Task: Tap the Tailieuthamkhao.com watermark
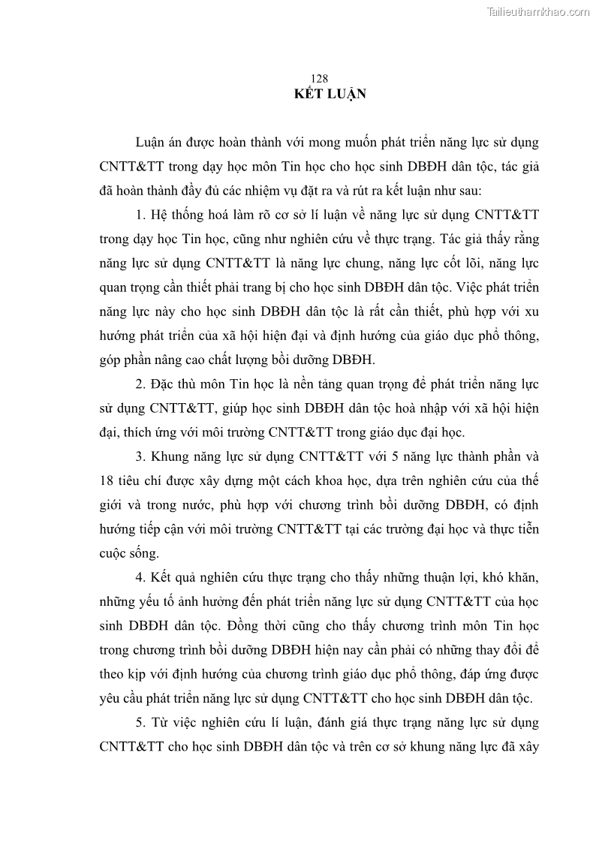(538, 11)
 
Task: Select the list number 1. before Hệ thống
(141, 215)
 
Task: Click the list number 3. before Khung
(141, 457)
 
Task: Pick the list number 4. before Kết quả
(141, 577)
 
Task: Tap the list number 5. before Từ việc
(141, 724)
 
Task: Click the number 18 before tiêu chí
(106, 481)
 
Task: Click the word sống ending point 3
(146, 553)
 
